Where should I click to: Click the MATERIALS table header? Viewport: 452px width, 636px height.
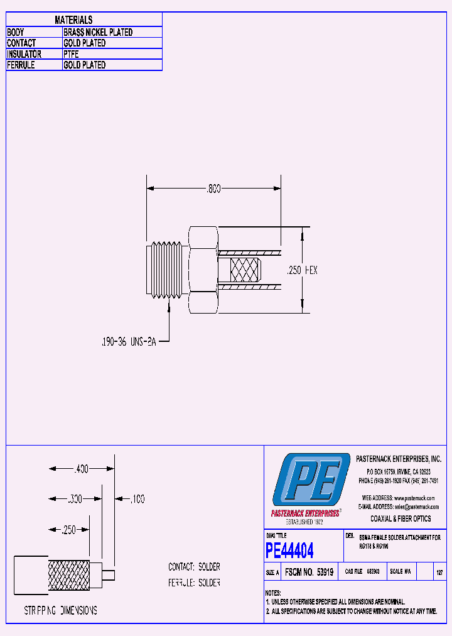(73, 20)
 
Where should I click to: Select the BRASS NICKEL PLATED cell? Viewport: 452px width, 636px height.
(98, 32)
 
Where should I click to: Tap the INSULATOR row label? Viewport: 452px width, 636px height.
(24, 54)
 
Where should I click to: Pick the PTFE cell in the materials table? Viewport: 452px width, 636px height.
(71, 54)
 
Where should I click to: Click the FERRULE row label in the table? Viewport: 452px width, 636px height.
(21, 65)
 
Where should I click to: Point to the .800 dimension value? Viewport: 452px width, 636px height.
(213, 188)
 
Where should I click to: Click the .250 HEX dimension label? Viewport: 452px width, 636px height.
(302, 270)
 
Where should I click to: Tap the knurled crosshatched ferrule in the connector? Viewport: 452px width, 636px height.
(245, 270)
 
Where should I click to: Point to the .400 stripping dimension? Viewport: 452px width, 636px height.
(81, 469)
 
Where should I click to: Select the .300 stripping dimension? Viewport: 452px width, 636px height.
(75, 498)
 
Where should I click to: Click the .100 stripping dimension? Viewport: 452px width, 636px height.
(137, 499)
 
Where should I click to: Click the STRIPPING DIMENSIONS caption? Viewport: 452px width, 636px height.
(60, 610)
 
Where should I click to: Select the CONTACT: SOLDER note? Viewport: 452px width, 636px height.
(194, 567)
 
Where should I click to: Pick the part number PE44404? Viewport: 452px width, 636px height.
(289, 551)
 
